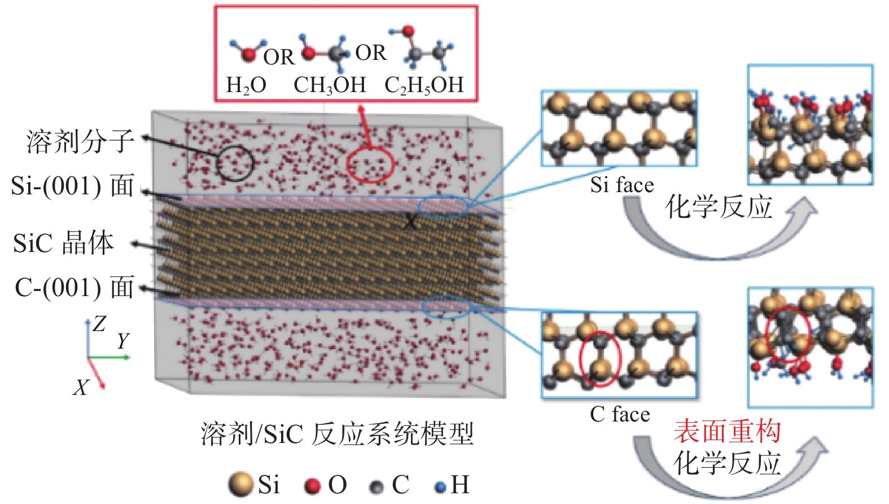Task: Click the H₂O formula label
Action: coord(246,85)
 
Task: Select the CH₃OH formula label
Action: coord(330,85)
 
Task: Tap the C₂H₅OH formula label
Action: coord(424,85)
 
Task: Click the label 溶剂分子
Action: coord(80,141)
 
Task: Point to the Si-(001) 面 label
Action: coord(72,186)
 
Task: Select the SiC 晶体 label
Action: coord(63,242)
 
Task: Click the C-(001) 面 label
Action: coord(74,288)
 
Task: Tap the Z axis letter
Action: coord(99,324)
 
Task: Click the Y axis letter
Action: coord(123,341)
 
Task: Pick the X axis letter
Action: coord(81,388)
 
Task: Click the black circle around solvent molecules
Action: coord(235,163)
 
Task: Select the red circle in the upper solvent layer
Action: coord(370,165)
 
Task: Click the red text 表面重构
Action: coord(727,431)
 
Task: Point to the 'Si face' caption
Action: coord(622,185)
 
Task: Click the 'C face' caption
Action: coord(620,414)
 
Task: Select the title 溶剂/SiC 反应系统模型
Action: coord(337,434)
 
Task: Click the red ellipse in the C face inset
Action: coord(600,358)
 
